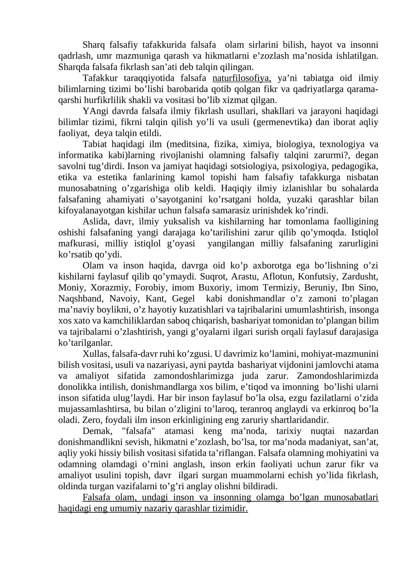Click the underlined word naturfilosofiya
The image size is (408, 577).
coord(241,78)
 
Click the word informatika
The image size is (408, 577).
coord(81,155)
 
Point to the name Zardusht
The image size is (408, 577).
coord(360,277)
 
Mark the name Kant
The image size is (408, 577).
coord(156,299)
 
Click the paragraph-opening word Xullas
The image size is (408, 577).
coord(96,354)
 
